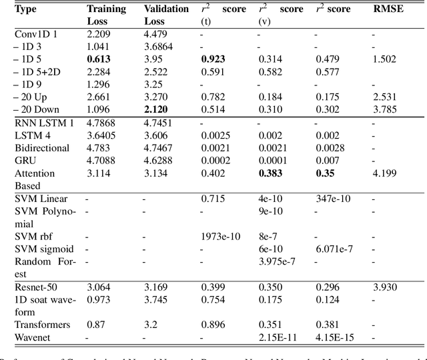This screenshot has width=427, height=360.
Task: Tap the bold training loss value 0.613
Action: click(98, 59)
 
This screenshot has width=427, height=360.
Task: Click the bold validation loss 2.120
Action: click(157, 109)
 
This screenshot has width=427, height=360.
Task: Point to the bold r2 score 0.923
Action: click(213, 59)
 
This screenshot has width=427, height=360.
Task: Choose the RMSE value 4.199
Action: click(384, 173)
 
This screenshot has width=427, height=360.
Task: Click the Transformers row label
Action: click(41, 325)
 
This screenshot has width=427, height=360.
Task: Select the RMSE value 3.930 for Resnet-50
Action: click(384, 287)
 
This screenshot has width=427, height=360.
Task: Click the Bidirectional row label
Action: click(41, 148)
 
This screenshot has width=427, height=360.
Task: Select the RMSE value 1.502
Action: click(384, 59)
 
